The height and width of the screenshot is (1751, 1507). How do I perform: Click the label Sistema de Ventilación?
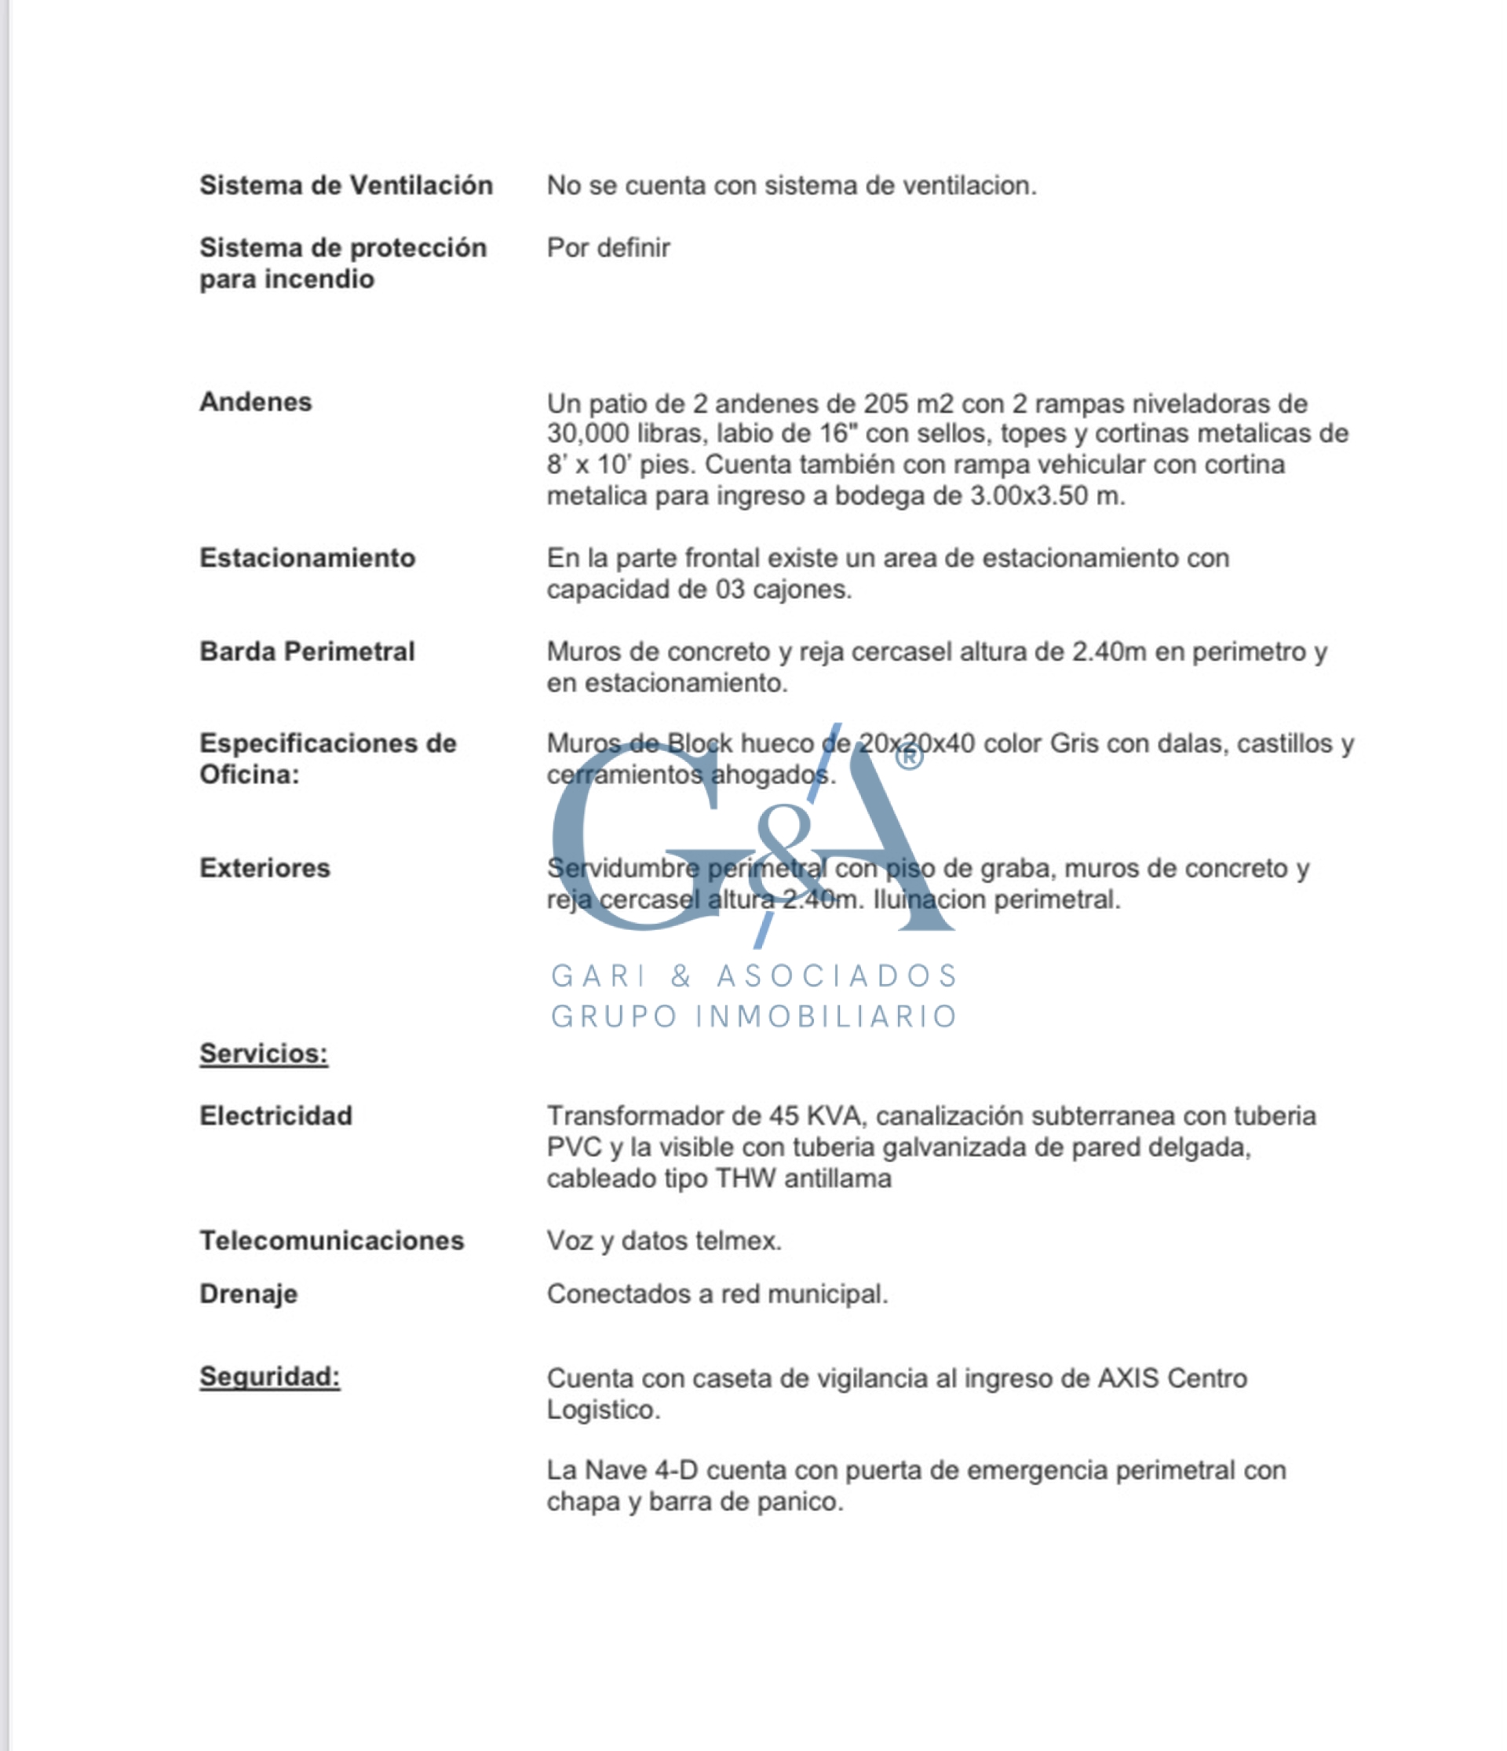[345, 185]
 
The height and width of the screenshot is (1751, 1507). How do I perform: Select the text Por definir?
[608, 247]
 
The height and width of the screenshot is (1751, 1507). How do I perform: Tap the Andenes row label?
[255, 401]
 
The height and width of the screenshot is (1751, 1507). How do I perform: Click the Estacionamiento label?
[307, 558]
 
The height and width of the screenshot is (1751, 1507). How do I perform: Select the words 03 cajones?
[782, 589]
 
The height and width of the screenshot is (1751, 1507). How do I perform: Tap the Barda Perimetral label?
[307, 651]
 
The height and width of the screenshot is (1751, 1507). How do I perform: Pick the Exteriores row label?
[265, 868]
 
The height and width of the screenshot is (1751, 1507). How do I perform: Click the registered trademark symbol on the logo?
[909, 757]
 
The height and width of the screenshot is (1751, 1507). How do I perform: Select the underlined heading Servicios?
[264, 1054]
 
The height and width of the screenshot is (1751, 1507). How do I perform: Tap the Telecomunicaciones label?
[331, 1241]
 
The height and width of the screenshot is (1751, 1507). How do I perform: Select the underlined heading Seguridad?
[270, 1377]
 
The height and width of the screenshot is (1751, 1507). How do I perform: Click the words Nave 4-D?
[640, 1471]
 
